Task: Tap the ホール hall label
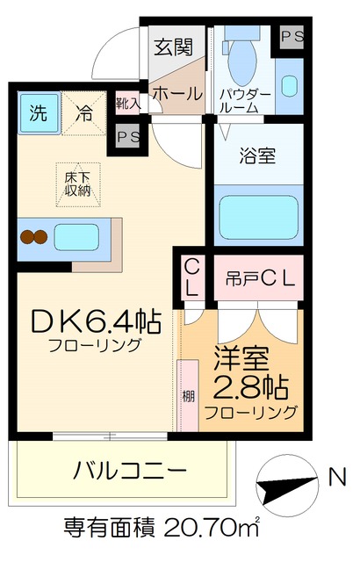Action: [x=177, y=93]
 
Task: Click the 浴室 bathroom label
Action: [x=257, y=157]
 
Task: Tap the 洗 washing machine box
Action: [x=38, y=112]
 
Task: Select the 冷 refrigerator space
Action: [x=84, y=112]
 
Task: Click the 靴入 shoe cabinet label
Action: [x=128, y=103]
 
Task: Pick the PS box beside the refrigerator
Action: [x=128, y=137]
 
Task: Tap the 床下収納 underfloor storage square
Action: [x=76, y=182]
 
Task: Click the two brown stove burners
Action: [x=33, y=236]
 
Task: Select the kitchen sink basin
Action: [x=77, y=236]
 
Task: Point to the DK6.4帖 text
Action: [x=96, y=323]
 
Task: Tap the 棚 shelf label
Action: [x=188, y=394]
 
